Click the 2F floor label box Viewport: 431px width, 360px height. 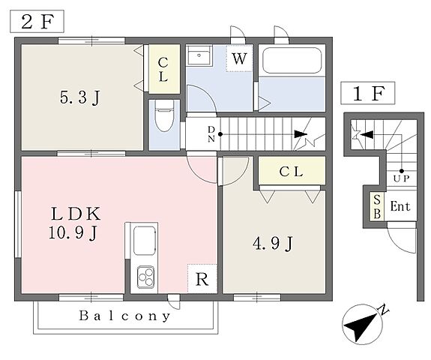37,22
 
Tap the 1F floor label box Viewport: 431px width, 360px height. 368,93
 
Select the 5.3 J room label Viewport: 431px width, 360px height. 80,98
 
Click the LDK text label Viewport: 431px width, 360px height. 76,214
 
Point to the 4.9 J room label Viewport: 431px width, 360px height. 273,244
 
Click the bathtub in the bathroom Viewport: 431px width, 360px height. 292,60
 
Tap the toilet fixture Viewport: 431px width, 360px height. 164,115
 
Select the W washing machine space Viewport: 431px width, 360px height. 239,58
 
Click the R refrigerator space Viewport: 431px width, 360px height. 202,279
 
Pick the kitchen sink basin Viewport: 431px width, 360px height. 145,241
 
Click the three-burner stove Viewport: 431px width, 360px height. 146,277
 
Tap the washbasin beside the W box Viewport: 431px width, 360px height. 199,55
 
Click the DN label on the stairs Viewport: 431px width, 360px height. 211,134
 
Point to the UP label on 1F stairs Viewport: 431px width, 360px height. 401,178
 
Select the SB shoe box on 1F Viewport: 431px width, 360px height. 377,206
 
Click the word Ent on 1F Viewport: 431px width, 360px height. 400,206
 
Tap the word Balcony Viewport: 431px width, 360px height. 124,316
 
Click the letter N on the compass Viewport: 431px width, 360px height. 384,310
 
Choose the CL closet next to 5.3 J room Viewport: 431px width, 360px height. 164,69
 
